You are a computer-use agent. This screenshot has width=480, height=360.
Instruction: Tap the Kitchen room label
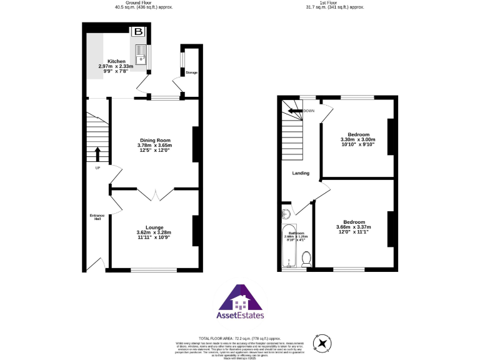click(x=116, y=61)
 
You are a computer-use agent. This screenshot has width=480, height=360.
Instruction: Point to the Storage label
click(x=191, y=73)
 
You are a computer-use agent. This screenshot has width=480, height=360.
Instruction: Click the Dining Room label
click(x=154, y=141)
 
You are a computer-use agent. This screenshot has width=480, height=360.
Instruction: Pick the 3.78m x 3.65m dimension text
click(x=154, y=146)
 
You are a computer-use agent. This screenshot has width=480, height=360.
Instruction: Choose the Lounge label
click(x=154, y=227)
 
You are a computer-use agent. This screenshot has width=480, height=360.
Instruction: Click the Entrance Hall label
click(x=97, y=217)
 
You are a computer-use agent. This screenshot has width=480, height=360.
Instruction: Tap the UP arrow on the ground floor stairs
click(x=97, y=154)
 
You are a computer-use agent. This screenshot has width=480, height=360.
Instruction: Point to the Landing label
click(x=301, y=173)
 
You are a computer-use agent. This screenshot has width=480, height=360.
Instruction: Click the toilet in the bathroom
click(x=306, y=257)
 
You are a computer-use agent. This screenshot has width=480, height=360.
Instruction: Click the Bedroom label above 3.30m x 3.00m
click(x=358, y=134)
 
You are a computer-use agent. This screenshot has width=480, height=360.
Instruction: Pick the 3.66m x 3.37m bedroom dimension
click(x=354, y=227)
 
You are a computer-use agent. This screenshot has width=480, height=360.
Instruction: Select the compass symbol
click(x=322, y=343)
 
